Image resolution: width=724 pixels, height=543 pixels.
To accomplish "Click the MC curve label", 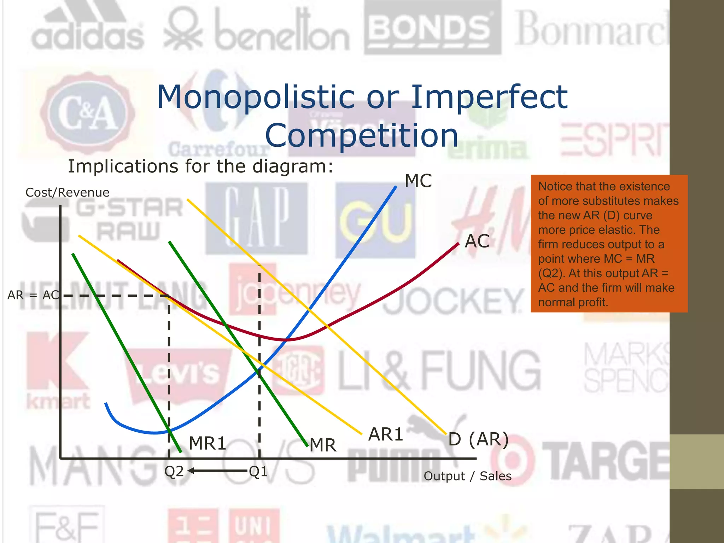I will tap(418, 181).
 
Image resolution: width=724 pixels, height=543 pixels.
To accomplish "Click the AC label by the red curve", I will tap(477, 241).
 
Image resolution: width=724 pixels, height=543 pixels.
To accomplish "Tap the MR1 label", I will tap(208, 443).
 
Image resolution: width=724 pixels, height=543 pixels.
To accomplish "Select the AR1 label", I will tap(386, 434).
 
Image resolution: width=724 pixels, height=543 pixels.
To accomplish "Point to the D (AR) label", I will tap(478, 439).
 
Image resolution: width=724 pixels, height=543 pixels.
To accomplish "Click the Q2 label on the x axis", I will tap(174, 472).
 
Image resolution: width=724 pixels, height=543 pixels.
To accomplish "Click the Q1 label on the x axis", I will tap(258, 472).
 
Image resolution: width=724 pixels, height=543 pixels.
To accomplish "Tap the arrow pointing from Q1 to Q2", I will tap(217, 471).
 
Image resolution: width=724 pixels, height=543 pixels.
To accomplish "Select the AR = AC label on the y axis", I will tap(33, 295).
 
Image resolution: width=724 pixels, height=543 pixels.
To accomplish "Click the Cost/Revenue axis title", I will tap(67, 192).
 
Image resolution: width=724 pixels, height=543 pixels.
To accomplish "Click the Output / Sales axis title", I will tap(467, 476).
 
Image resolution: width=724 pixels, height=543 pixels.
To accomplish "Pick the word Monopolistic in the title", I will tap(256, 97).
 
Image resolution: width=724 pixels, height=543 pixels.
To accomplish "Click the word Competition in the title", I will tap(362, 136).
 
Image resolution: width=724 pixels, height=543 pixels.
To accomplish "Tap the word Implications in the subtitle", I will tap(123, 166).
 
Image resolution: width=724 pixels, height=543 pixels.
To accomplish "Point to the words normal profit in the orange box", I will tap(573, 302).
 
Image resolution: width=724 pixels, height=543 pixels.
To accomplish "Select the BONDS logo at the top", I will tap(432, 28).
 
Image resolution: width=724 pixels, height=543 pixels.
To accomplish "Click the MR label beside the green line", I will tap(323, 445).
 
